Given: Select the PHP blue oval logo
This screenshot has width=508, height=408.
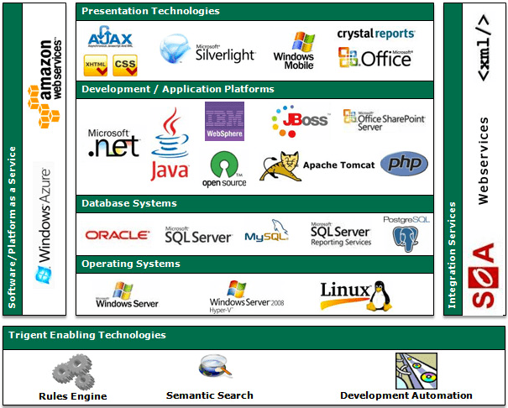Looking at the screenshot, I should click(403, 164).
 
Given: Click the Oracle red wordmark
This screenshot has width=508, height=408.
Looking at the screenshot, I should click(118, 236).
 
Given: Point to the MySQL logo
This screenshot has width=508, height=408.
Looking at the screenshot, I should click(267, 233).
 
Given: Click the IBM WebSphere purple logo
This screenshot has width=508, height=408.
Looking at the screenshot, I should click(224, 122).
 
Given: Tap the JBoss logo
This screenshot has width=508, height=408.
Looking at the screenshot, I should click(300, 122).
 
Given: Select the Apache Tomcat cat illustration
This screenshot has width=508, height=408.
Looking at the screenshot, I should click(279, 166).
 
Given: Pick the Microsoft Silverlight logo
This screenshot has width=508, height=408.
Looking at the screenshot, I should click(202, 50).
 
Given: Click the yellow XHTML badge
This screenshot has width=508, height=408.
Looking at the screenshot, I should click(96, 64).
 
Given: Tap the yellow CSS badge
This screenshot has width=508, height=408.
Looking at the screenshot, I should click(124, 64).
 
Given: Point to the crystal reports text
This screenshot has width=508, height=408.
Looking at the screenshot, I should click(375, 34).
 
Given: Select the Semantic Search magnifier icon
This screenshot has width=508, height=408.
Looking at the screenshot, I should click(210, 367).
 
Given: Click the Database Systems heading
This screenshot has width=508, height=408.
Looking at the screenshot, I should click(129, 203).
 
